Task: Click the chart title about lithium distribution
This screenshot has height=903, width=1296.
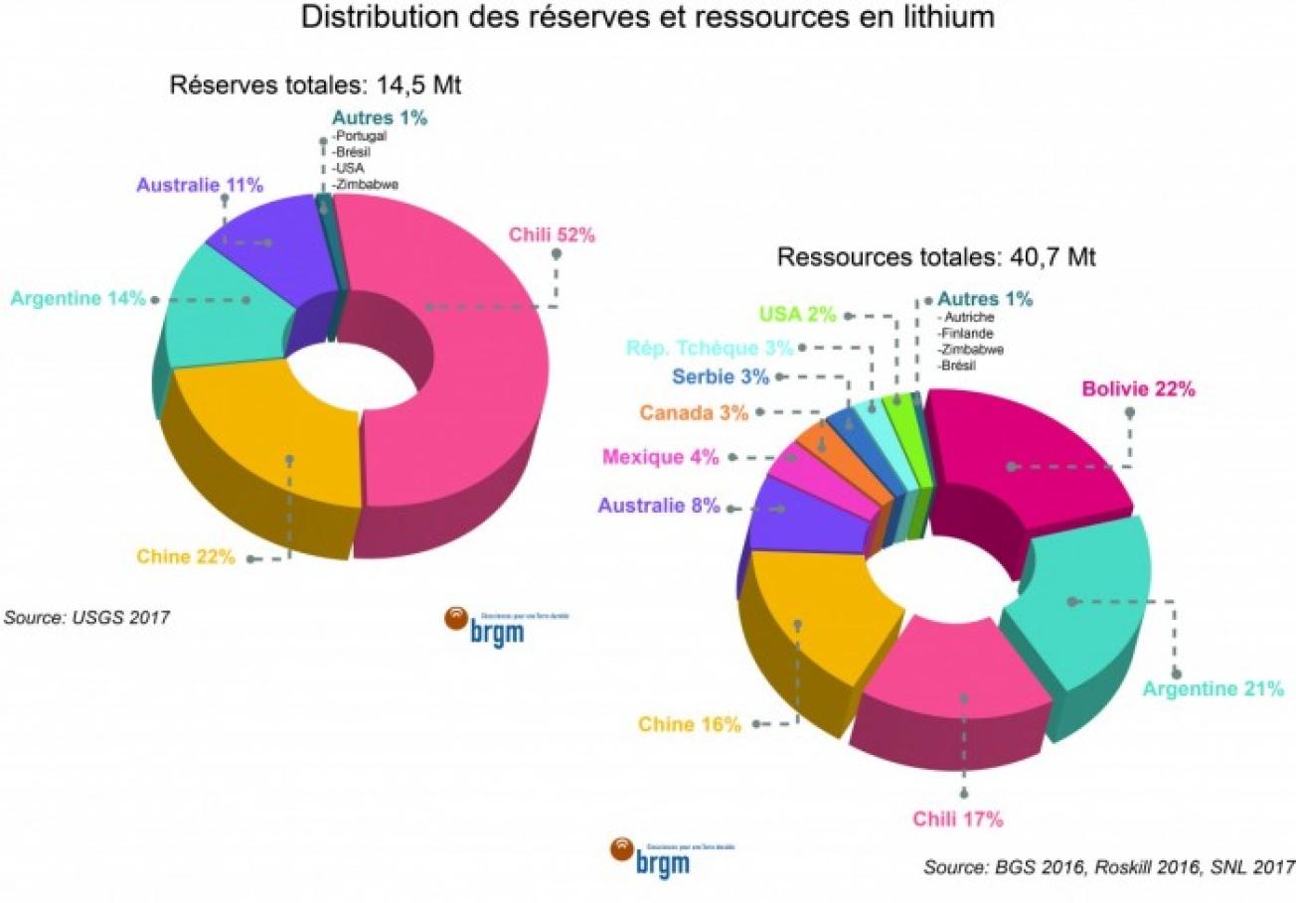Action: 647,18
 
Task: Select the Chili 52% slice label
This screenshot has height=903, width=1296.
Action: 552,235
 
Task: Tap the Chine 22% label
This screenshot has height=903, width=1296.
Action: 186,556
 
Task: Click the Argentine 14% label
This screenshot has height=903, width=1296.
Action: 79,297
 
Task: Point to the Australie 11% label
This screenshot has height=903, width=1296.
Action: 200,185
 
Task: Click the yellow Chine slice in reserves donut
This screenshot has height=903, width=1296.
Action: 268,447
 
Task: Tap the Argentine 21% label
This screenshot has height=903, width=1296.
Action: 1213,687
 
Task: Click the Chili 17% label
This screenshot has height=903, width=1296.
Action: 958,820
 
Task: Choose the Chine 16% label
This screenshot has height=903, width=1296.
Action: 690,724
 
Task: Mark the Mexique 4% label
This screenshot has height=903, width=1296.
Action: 659,457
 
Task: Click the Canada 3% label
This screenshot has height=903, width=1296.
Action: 694,411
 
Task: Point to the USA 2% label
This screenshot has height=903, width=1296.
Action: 798,314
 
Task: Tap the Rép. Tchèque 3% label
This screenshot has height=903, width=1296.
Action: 710,347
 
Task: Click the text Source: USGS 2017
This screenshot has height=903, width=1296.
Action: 86,617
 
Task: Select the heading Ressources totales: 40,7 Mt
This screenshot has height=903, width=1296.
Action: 935,257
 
